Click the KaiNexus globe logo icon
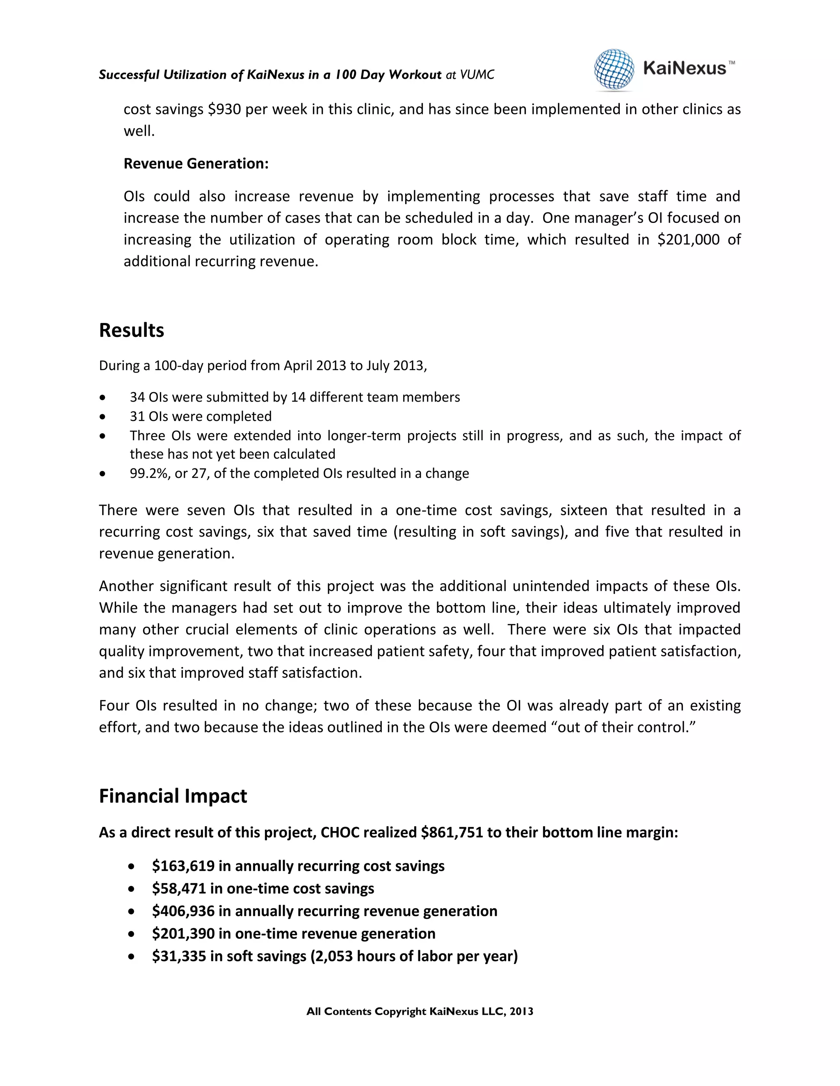[x=614, y=70]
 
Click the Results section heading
[x=131, y=330]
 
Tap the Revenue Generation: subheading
[x=196, y=164]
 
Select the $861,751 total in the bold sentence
[x=451, y=832]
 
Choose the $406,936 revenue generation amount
[x=183, y=911]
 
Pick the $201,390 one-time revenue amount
[x=183, y=933]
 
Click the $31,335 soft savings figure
[x=179, y=956]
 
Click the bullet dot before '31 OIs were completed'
[x=103, y=417]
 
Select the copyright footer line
[x=420, y=1011]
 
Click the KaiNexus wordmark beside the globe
[x=684, y=68]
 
